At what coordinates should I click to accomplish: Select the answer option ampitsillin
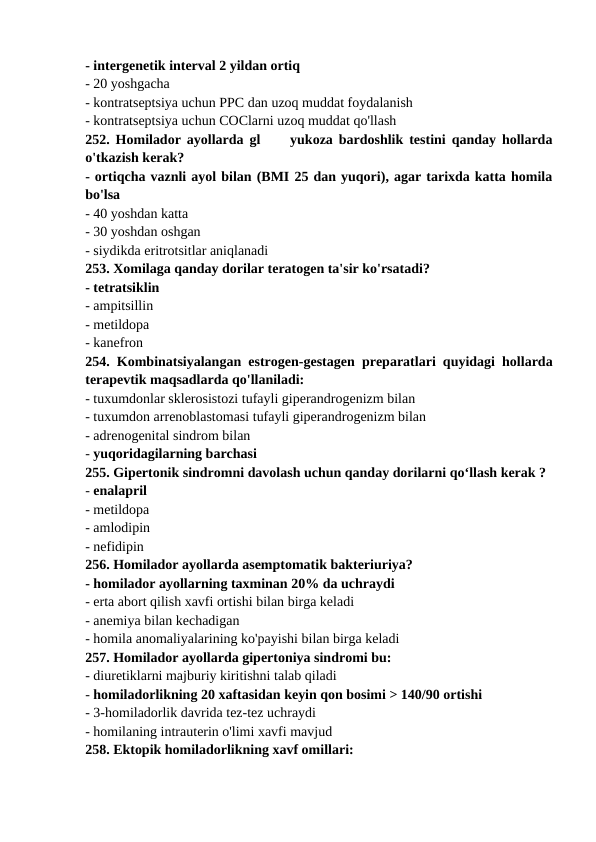123,306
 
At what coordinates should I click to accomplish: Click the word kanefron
118,343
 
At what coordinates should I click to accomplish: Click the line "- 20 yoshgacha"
126,84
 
